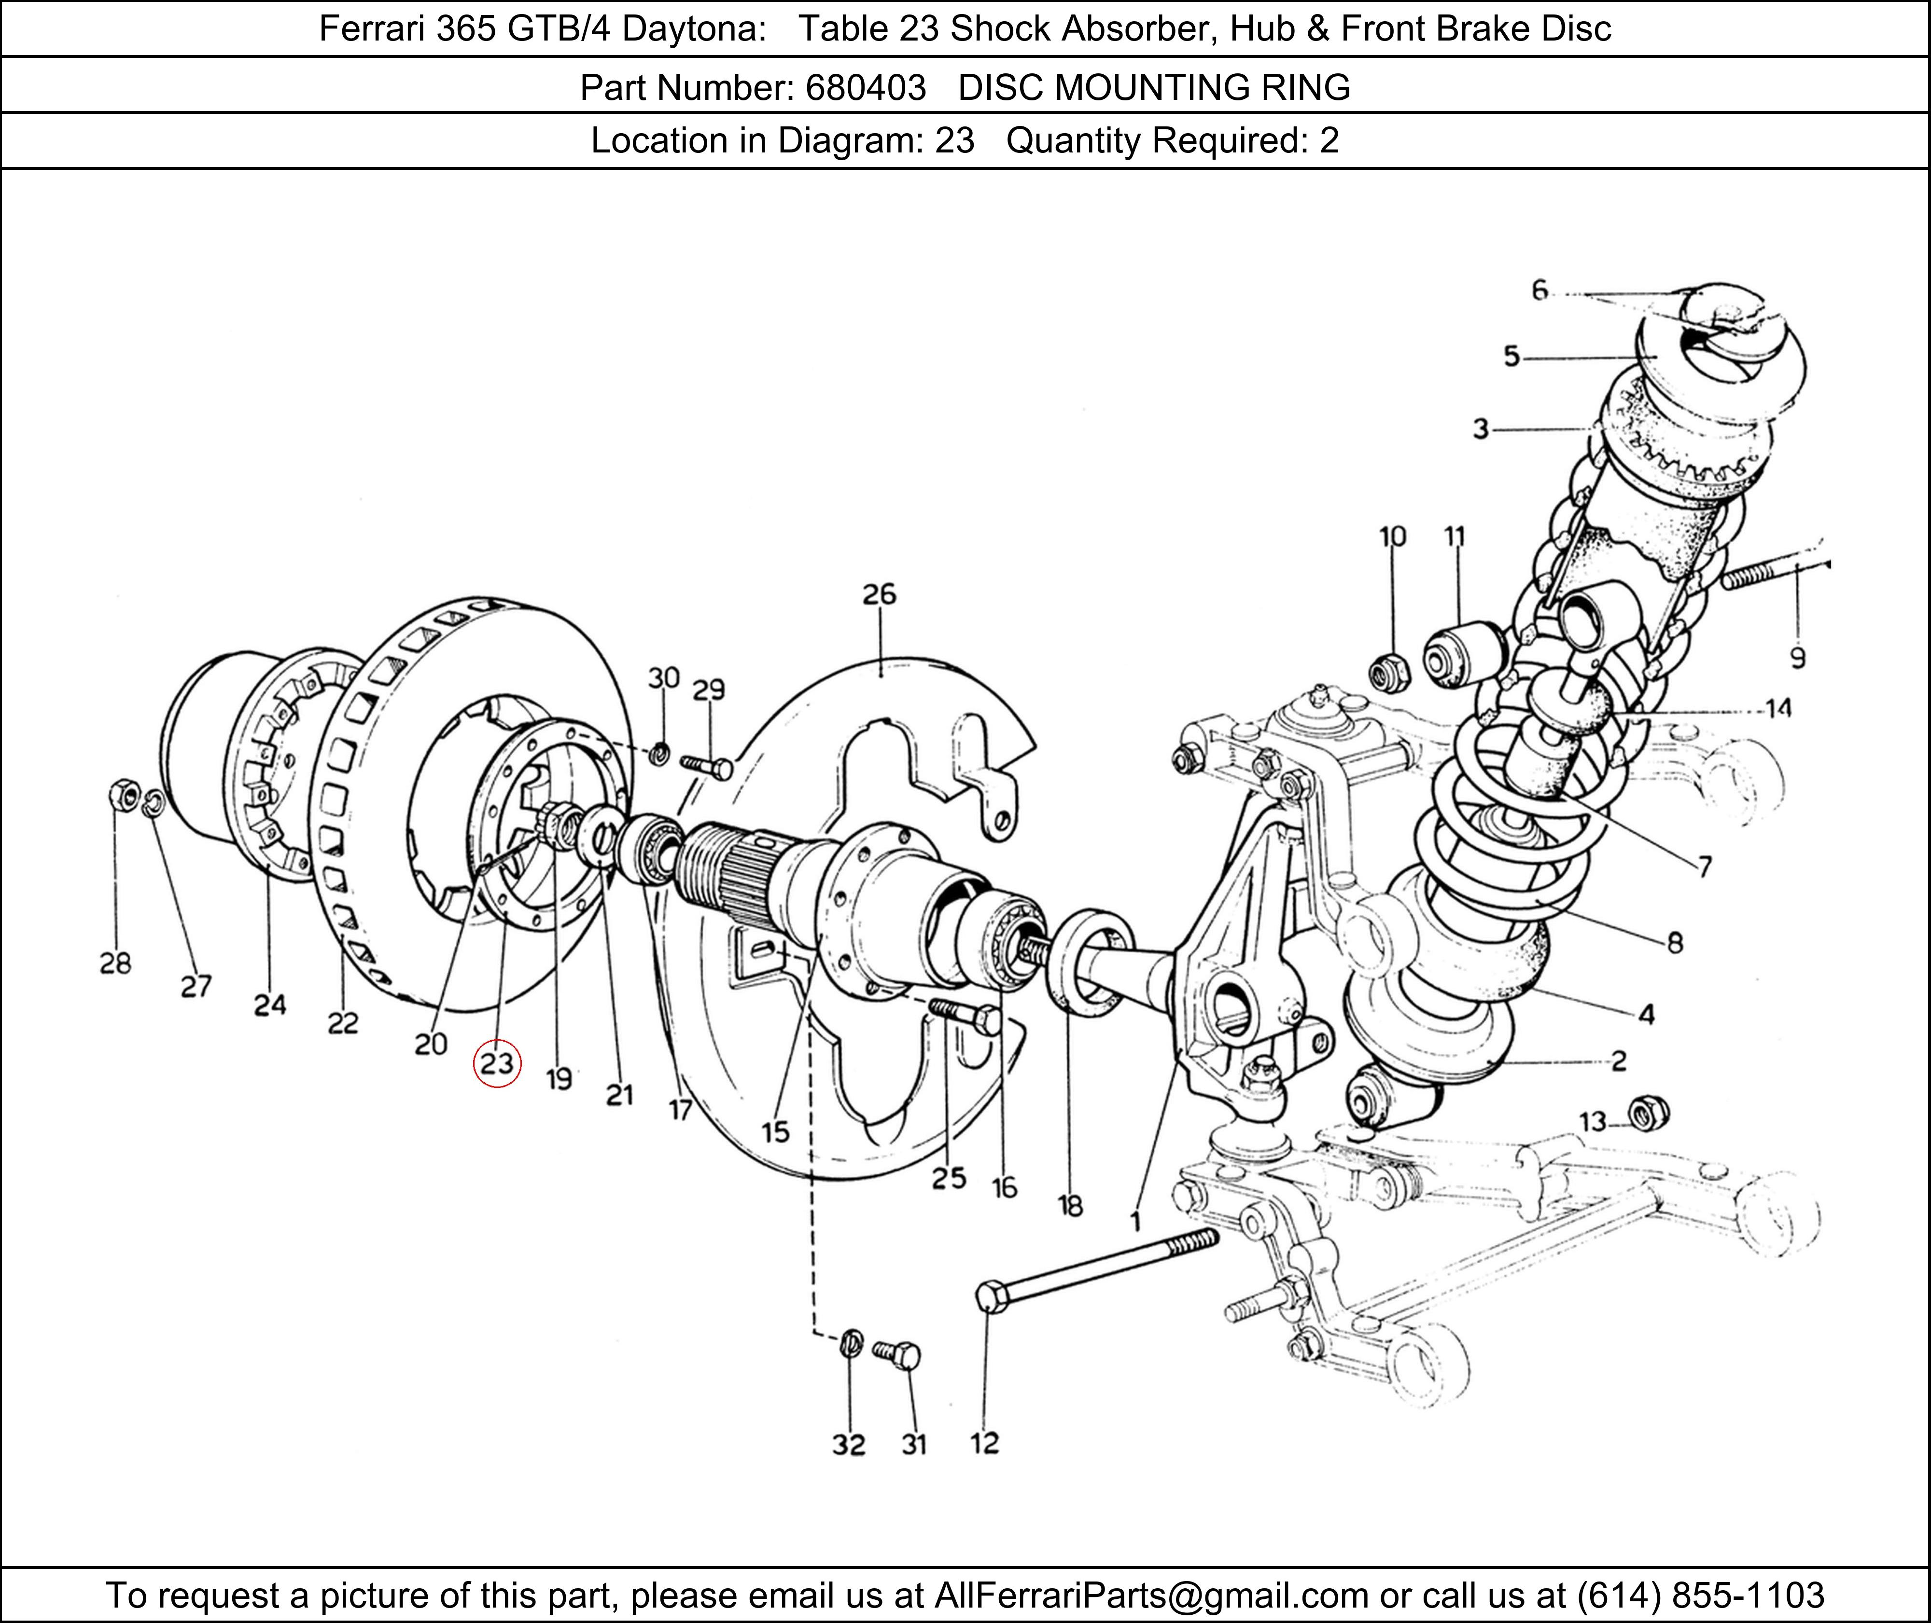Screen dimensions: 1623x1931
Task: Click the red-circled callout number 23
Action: pyautogui.click(x=497, y=1064)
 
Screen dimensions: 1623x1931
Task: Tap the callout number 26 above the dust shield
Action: pyautogui.click(x=879, y=594)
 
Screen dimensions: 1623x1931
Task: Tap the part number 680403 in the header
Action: pyautogui.click(x=865, y=87)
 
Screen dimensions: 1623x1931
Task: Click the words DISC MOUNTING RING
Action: pyautogui.click(x=1154, y=87)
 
